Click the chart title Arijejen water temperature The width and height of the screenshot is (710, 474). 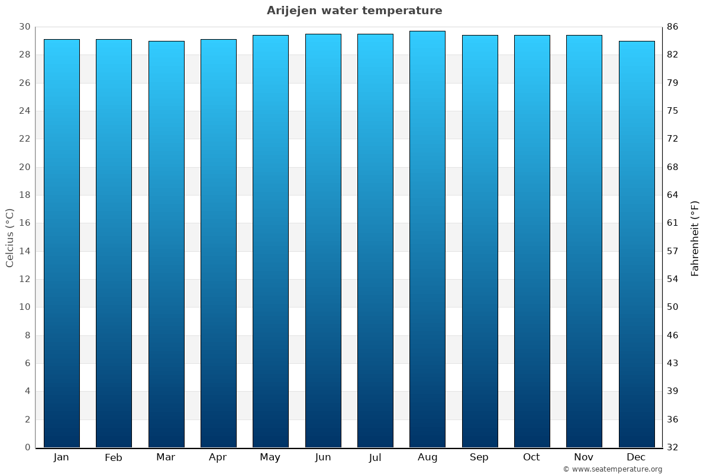(354, 11)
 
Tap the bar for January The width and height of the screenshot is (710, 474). (62, 243)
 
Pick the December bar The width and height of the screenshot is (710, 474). (637, 244)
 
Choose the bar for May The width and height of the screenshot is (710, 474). (270, 241)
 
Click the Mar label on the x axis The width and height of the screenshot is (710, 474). (166, 457)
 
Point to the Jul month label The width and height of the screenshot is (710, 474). (375, 457)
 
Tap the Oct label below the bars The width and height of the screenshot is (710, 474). (531, 457)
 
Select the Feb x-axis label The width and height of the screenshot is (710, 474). (113, 457)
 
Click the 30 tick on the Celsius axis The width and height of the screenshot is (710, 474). (24, 27)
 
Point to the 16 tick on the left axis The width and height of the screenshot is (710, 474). (24, 223)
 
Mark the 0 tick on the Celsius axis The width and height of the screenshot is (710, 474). (27, 447)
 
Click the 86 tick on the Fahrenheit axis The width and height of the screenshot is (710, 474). (673, 27)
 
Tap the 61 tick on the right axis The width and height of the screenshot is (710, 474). (673, 223)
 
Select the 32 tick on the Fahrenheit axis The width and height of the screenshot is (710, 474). (673, 447)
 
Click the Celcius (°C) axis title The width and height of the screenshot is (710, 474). (10, 238)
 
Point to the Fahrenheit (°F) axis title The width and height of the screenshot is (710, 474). (695, 238)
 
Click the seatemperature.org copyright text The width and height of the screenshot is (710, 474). (612, 469)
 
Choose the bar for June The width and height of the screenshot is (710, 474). (323, 241)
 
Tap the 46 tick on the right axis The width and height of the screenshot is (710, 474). (673, 335)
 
